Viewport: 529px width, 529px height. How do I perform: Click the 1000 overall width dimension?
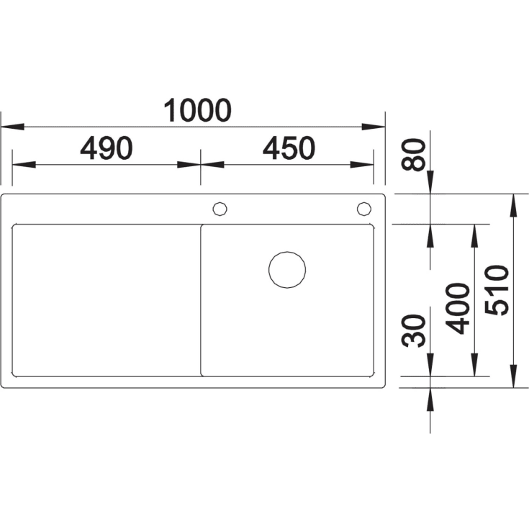(x=197, y=110)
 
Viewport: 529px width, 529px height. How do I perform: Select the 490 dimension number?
(x=107, y=148)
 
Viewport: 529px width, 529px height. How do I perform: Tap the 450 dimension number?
(x=289, y=148)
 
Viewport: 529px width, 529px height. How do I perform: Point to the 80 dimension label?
(x=413, y=155)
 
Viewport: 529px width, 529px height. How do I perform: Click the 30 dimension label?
(x=413, y=330)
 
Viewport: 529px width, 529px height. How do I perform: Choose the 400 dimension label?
(x=457, y=308)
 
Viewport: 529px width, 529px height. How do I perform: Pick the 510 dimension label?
(x=497, y=290)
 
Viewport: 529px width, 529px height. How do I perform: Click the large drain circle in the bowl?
(x=287, y=252)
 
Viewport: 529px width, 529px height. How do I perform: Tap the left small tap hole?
(x=220, y=202)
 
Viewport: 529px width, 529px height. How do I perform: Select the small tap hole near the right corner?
(x=364, y=202)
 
